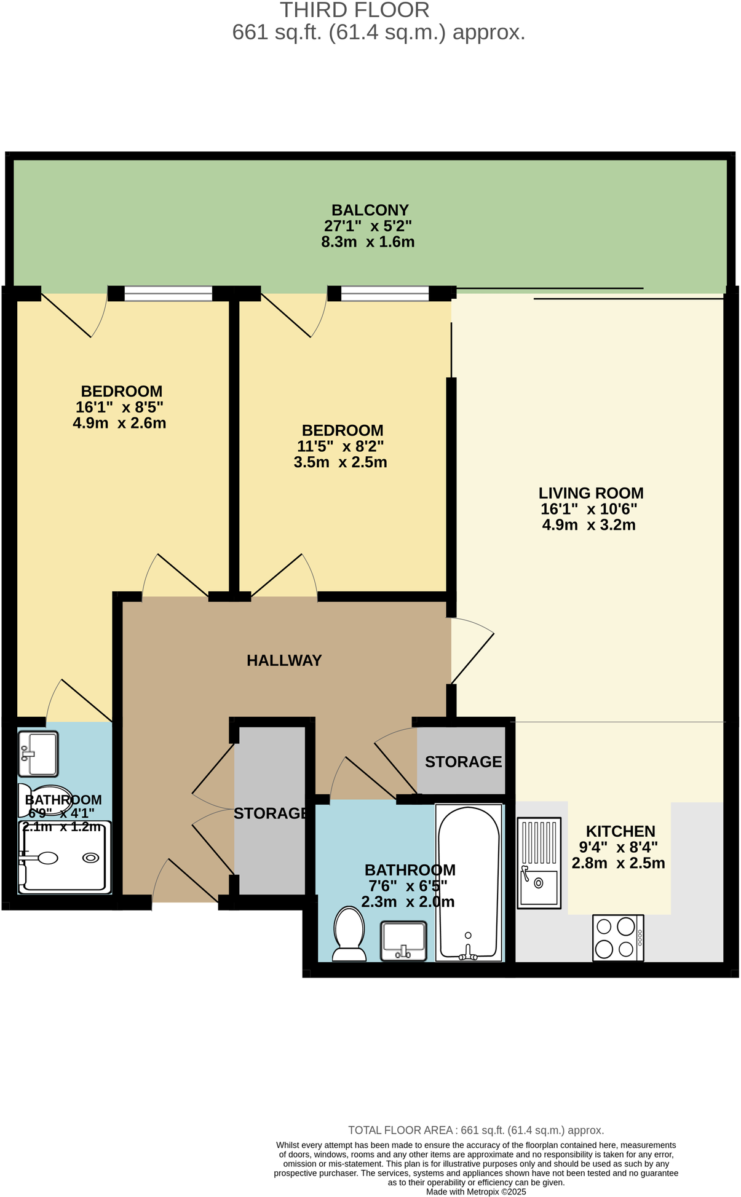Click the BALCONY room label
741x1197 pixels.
pyautogui.click(x=370, y=210)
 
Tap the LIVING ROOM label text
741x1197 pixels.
pyautogui.click(x=590, y=493)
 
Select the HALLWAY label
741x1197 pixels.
pyautogui.click(x=284, y=660)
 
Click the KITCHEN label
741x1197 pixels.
pyautogui.click(x=620, y=831)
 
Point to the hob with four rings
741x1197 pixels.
pyautogui.click(x=617, y=938)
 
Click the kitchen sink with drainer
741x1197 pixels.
pyautogui.click(x=539, y=863)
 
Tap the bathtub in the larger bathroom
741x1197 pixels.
pyautogui.click(x=469, y=883)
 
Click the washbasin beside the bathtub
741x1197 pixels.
pyautogui.click(x=403, y=940)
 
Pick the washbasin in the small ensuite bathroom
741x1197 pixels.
pyautogui.click(x=38, y=753)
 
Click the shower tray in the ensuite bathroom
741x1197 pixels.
pyautogui.click(x=65, y=857)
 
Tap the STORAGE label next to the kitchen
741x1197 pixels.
pyautogui.click(x=463, y=762)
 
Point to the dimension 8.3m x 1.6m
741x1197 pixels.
pyautogui.click(x=368, y=242)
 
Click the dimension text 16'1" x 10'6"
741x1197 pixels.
pyautogui.click(x=588, y=509)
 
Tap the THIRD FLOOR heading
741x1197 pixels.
pyautogui.click(x=355, y=10)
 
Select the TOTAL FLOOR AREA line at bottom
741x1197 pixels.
pyautogui.click(x=476, y=1129)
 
